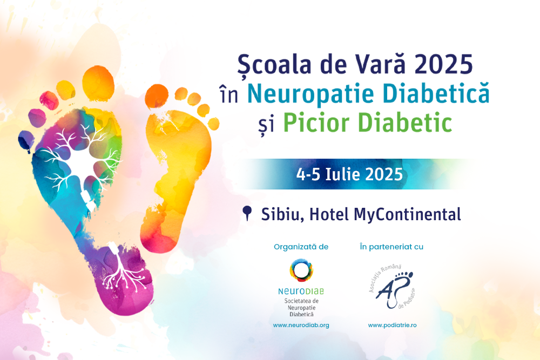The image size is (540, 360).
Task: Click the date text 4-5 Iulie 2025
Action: click(349, 174)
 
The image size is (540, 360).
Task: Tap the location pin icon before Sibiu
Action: click(247, 213)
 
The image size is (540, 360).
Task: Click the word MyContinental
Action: click(407, 214)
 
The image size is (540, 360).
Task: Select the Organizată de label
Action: click(301, 247)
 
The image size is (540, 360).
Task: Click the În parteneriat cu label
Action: click(391, 247)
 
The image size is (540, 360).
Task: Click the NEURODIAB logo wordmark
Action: click(301, 291)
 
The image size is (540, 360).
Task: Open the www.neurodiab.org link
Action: click(301, 325)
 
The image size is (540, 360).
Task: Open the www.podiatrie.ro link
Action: click(392, 325)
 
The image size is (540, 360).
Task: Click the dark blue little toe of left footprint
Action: click(26, 141)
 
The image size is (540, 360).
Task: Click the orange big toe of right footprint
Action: click(157, 96)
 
